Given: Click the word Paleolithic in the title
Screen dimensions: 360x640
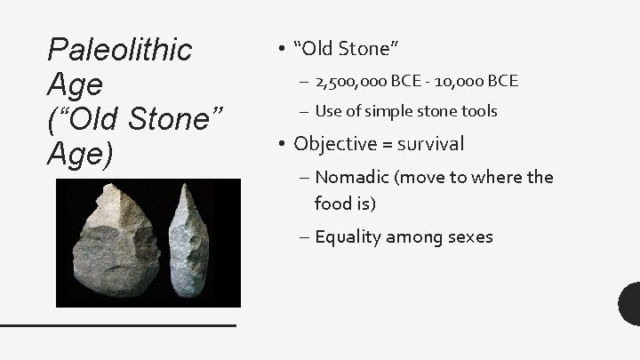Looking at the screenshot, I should (119, 51).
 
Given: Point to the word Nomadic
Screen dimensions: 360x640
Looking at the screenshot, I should (354, 177).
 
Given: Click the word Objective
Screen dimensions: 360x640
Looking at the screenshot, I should (333, 143).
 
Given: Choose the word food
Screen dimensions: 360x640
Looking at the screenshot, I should (333, 204).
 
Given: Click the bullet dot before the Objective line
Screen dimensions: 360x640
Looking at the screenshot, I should (281, 144).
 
